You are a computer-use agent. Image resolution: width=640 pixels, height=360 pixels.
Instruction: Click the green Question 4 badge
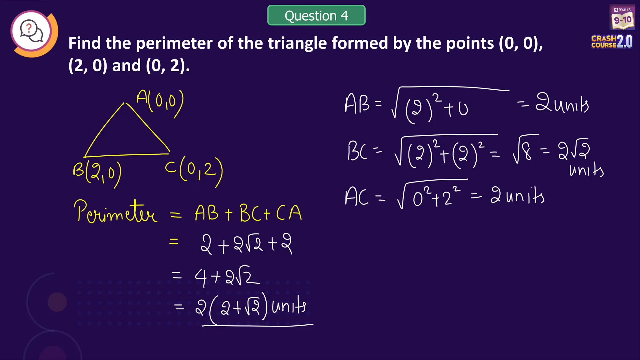click(x=316, y=15)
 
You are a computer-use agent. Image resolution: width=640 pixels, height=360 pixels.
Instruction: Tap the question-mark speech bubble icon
click(x=32, y=31)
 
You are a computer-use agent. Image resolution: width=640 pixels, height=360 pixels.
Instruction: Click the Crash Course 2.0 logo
click(x=612, y=42)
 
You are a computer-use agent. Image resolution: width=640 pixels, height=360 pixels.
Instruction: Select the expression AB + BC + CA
click(x=248, y=213)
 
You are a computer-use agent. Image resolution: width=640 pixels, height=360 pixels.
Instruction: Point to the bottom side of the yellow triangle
click(x=127, y=155)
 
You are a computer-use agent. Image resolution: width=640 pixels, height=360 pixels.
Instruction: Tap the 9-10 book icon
click(x=622, y=18)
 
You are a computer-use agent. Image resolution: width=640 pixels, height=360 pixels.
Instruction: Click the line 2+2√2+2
click(x=246, y=244)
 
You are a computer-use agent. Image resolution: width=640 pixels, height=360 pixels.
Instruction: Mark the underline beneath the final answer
click(x=257, y=326)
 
